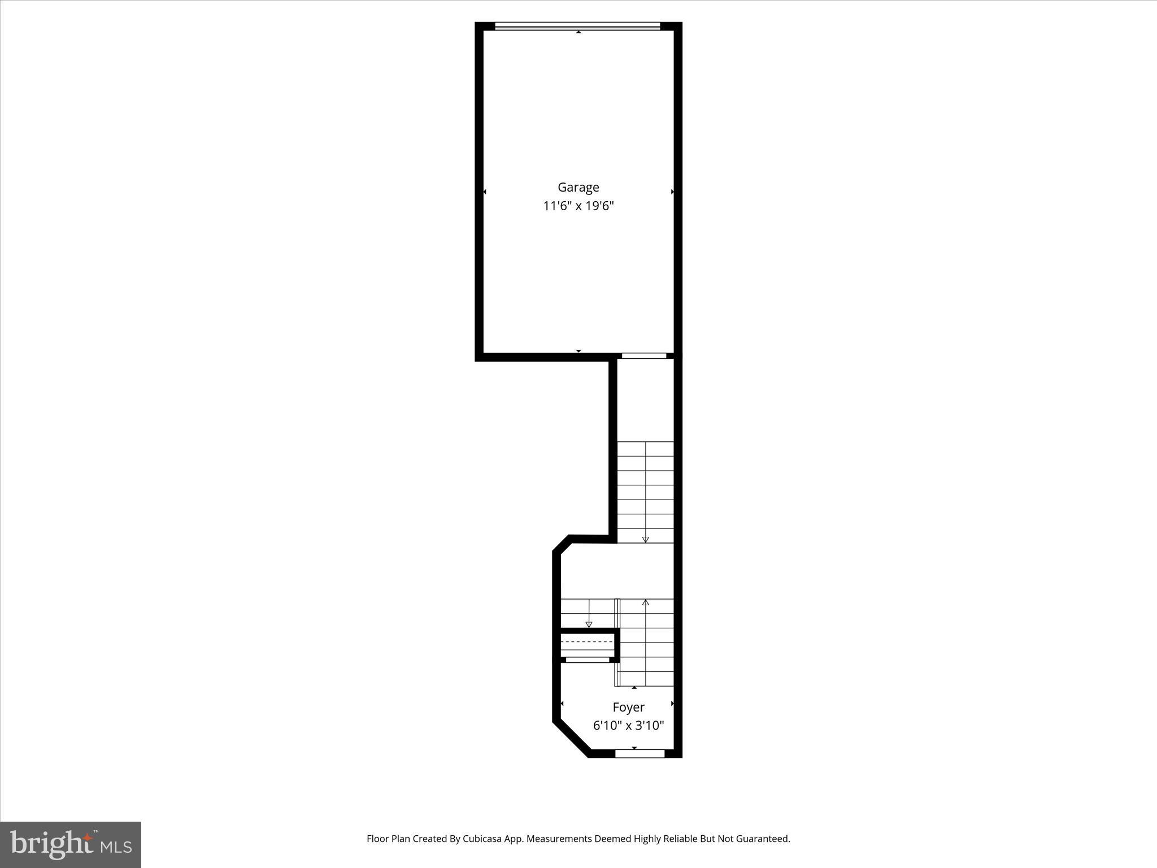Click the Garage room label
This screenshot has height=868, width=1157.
tap(578, 187)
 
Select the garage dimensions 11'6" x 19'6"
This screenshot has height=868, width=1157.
tap(578, 206)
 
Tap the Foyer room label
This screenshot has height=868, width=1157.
tap(628, 707)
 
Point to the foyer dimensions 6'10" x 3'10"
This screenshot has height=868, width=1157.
tap(628, 726)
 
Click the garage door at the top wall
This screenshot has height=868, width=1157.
tap(577, 26)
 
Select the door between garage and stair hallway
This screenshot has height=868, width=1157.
tap(643, 355)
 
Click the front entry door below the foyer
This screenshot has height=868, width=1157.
tap(640, 753)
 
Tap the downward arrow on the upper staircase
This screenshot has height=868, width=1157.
tap(645, 539)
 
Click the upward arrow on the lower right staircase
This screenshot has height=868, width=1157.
tap(645, 602)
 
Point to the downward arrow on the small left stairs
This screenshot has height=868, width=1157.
tap(589, 624)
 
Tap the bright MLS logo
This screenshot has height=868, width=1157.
tap(71, 844)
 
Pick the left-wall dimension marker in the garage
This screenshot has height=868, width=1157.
tap(485, 192)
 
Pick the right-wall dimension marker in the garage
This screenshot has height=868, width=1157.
tap(672, 192)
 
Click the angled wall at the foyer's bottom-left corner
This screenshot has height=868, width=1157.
tap(571, 739)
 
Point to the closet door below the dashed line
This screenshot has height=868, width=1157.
tap(588, 659)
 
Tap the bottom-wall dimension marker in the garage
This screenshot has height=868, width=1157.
tap(578, 351)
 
